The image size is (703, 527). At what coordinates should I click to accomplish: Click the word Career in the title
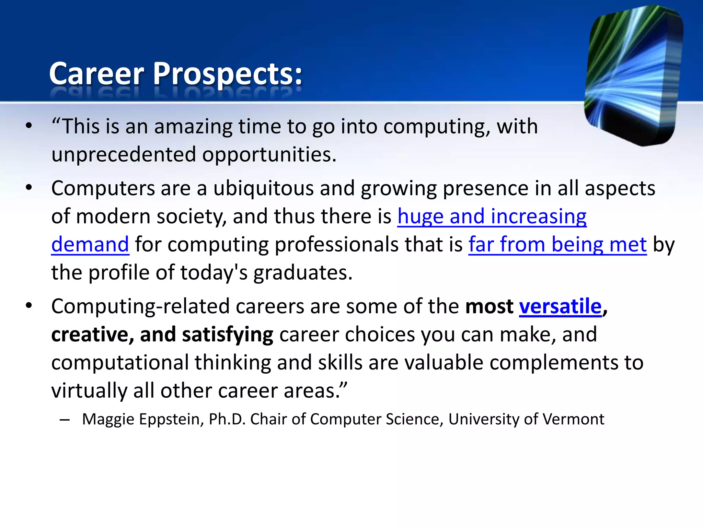[x=97, y=74]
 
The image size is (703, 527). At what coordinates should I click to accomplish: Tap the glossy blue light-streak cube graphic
[x=633, y=75]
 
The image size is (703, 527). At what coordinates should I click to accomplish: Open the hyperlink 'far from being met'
[x=557, y=245]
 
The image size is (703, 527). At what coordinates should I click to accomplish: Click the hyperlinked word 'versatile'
[x=560, y=306]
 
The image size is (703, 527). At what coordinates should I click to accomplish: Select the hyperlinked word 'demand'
[x=90, y=245]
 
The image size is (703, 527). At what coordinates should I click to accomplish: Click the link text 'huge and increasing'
[x=492, y=216]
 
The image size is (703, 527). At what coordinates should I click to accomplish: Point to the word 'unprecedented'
[x=124, y=155]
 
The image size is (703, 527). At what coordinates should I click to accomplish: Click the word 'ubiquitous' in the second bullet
[x=264, y=188]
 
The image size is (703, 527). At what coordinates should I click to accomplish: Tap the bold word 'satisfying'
[x=228, y=335]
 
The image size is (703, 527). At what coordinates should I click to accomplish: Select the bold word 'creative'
[x=89, y=335]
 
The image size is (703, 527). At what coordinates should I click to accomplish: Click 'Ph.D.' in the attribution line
[x=227, y=419]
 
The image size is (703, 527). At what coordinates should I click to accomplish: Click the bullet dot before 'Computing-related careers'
[x=28, y=305]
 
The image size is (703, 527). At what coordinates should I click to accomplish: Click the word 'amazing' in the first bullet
[x=193, y=127]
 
